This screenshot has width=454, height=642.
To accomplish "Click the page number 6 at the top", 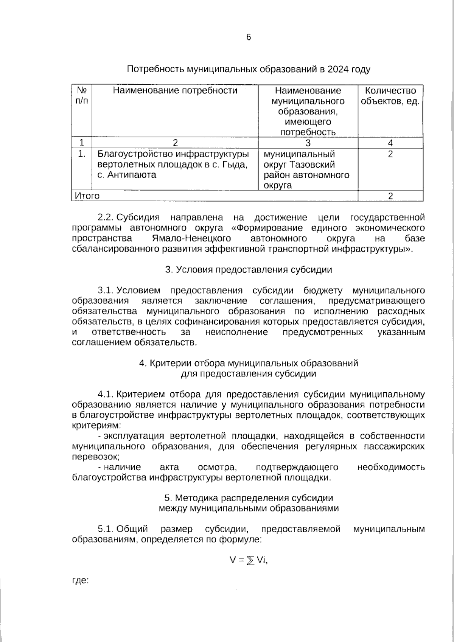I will (x=249, y=37).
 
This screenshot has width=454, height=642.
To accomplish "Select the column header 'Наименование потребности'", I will (x=175, y=91).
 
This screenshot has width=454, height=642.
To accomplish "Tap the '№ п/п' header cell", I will (x=82, y=96).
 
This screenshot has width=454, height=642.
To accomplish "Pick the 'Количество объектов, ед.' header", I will (x=390, y=96).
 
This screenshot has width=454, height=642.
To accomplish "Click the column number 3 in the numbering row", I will (x=308, y=143).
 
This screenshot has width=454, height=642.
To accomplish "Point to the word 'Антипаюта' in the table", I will (x=132, y=175).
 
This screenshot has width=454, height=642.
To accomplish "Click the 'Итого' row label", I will (x=87, y=196).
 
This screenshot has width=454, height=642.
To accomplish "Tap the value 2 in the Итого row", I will (x=390, y=196).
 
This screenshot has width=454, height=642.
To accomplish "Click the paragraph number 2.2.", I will (x=106, y=218).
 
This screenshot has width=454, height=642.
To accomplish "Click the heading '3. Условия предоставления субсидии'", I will (x=249, y=270).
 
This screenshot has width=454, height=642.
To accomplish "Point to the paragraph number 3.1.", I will (x=106, y=291).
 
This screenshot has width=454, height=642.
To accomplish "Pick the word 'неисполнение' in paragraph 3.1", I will (x=236, y=332).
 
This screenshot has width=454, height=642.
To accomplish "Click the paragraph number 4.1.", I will (x=106, y=394).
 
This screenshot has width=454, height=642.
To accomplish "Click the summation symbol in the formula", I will (x=250, y=561).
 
